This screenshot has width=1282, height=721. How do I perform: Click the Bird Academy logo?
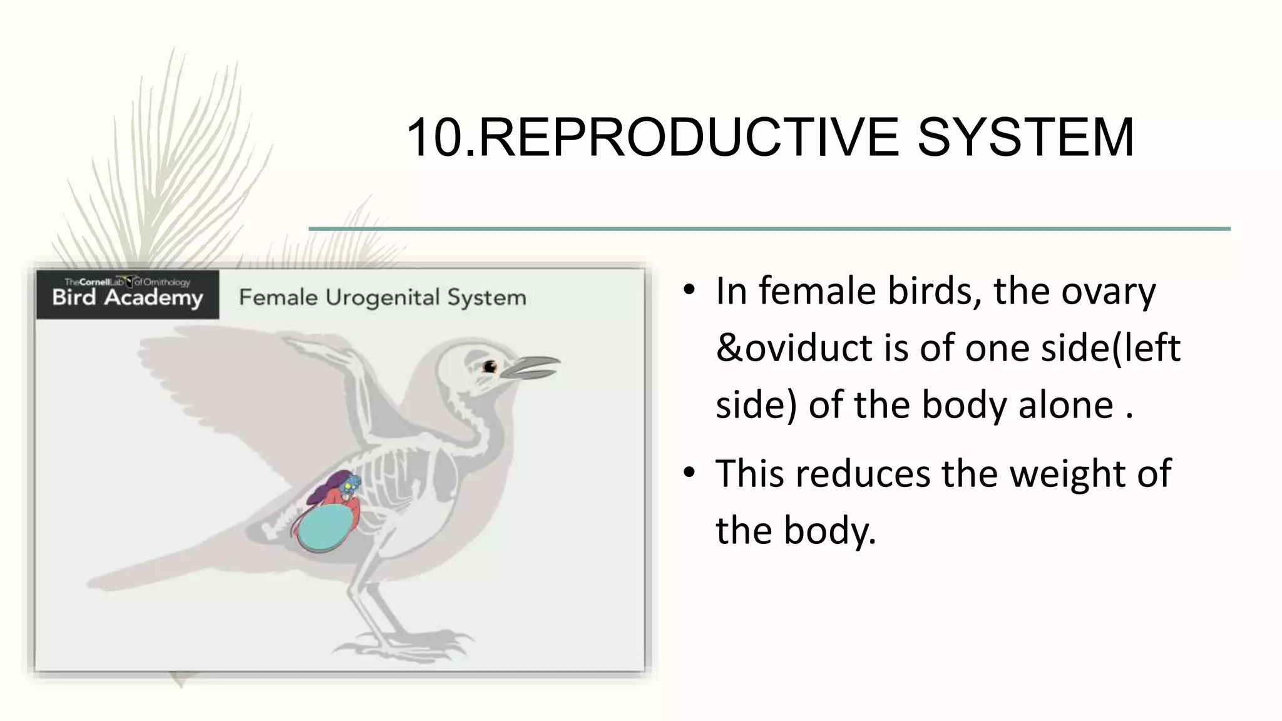coord(128,294)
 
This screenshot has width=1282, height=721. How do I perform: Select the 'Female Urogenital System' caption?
coord(382,297)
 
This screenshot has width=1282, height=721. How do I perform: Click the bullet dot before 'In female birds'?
coord(689,290)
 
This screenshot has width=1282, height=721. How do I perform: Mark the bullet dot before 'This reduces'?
coord(689,473)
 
